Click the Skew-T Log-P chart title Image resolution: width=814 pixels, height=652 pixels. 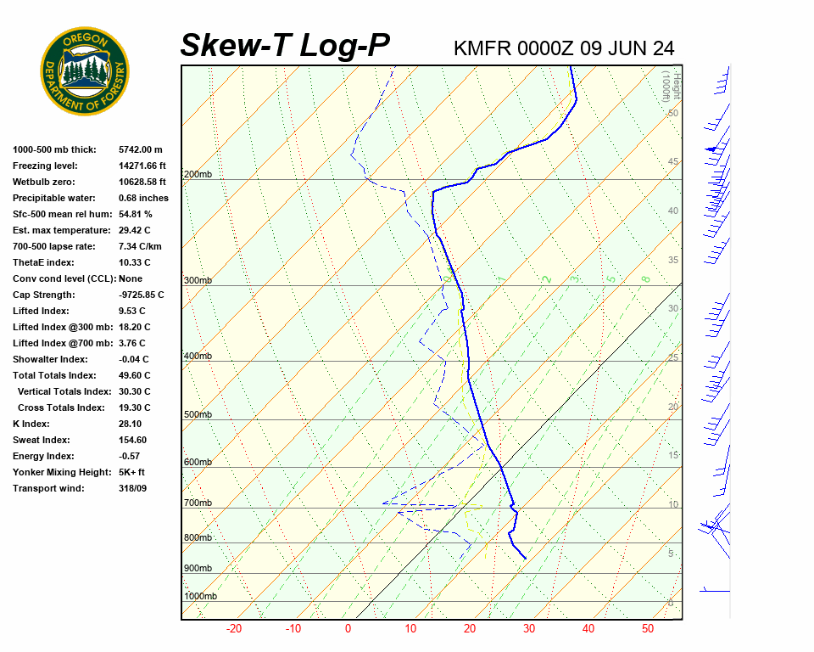pyautogui.click(x=285, y=45)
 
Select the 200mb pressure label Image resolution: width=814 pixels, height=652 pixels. pyautogui.click(x=198, y=175)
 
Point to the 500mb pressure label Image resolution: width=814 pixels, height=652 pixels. pyautogui.click(x=198, y=415)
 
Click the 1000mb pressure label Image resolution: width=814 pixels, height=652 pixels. pyautogui.click(x=201, y=597)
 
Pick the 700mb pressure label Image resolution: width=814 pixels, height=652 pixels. pyautogui.click(x=198, y=503)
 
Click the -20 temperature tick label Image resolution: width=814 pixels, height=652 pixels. pyautogui.click(x=234, y=629)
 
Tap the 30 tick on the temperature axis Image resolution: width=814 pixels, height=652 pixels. pyautogui.click(x=528, y=629)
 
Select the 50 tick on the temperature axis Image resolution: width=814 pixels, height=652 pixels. pyautogui.click(x=648, y=629)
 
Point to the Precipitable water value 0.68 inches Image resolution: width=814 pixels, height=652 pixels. pyautogui.click(x=143, y=198)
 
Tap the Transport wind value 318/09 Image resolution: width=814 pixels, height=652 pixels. pyautogui.click(x=133, y=488)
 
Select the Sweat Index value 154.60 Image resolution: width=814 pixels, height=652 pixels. pyautogui.click(x=133, y=440)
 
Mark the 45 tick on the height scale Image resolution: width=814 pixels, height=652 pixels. pyautogui.click(x=673, y=162)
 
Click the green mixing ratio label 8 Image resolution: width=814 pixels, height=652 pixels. pyautogui.click(x=645, y=278)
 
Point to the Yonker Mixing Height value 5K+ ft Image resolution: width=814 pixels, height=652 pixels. pyautogui.click(x=132, y=472)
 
